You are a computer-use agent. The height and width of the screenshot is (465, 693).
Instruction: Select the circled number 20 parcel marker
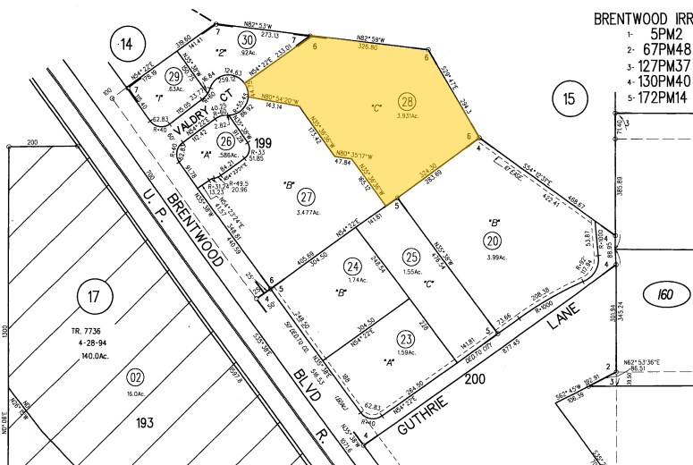tap(492, 239)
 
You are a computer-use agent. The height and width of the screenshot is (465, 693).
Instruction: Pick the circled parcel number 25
tap(411, 256)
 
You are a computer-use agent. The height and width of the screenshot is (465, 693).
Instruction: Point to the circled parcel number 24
tap(353, 266)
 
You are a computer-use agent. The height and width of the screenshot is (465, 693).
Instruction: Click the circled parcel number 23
tap(408, 338)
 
